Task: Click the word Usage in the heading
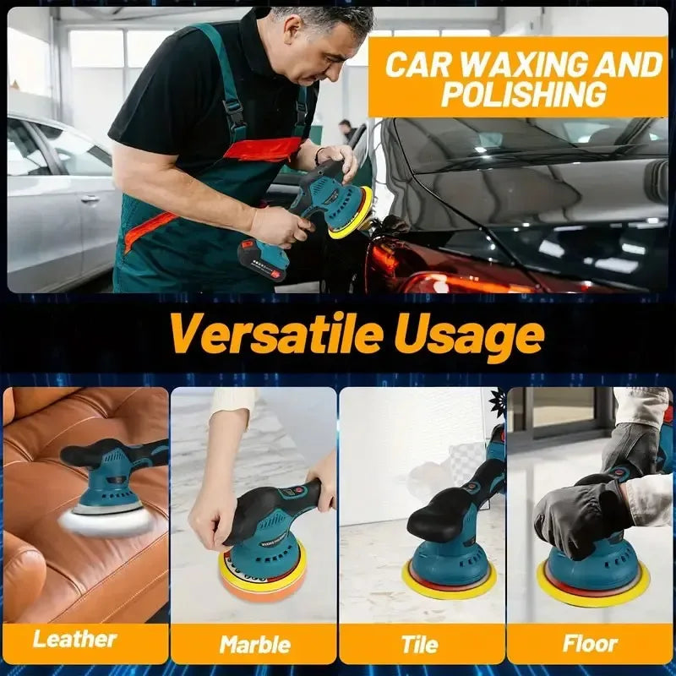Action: click(469, 336)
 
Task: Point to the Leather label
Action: click(75, 639)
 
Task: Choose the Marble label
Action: click(255, 645)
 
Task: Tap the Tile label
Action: click(420, 645)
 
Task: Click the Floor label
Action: click(590, 644)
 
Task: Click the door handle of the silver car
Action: click(90, 199)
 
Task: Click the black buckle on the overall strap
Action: click(237, 112)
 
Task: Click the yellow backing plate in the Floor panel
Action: click(593, 591)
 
